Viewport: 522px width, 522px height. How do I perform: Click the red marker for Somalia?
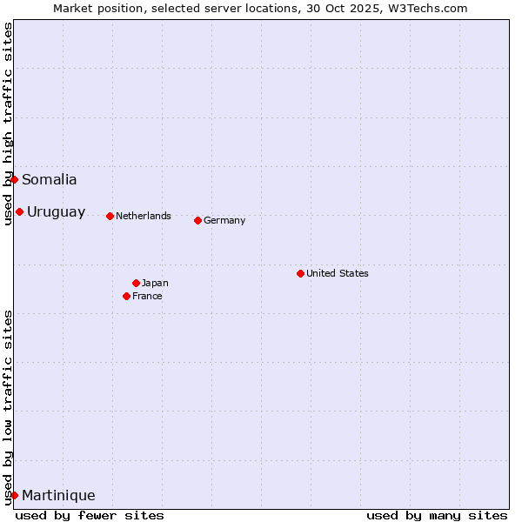(x=14, y=179)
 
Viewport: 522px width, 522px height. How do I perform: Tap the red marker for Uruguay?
(x=19, y=211)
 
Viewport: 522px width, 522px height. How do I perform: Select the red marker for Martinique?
(x=14, y=495)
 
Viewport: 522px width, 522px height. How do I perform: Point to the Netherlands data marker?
(x=110, y=216)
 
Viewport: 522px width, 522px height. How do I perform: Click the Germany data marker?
(x=197, y=220)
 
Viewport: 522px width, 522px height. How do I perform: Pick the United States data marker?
(x=300, y=273)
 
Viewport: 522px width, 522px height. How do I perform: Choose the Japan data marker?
(x=136, y=283)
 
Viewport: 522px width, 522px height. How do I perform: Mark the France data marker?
(x=126, y=296)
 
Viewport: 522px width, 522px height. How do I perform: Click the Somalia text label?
(x=50, y=180)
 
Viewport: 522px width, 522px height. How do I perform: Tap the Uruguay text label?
(x=57, y=212)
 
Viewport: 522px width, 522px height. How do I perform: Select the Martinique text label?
(x=58, y=496)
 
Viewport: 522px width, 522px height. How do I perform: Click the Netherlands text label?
(x=144, y=217)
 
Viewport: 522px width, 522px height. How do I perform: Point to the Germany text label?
(x=224, y=221)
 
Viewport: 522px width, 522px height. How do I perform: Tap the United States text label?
(x=338, y=274)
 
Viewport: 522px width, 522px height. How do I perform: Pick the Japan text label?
(x=155, y=284)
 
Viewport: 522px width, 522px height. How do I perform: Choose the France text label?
(x=147, y=297)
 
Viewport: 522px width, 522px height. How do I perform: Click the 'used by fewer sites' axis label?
(x=90, y=515)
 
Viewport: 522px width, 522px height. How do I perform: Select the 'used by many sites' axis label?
(x=437, y=515)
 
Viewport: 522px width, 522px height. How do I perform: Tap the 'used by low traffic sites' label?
(x=9, y=407)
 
